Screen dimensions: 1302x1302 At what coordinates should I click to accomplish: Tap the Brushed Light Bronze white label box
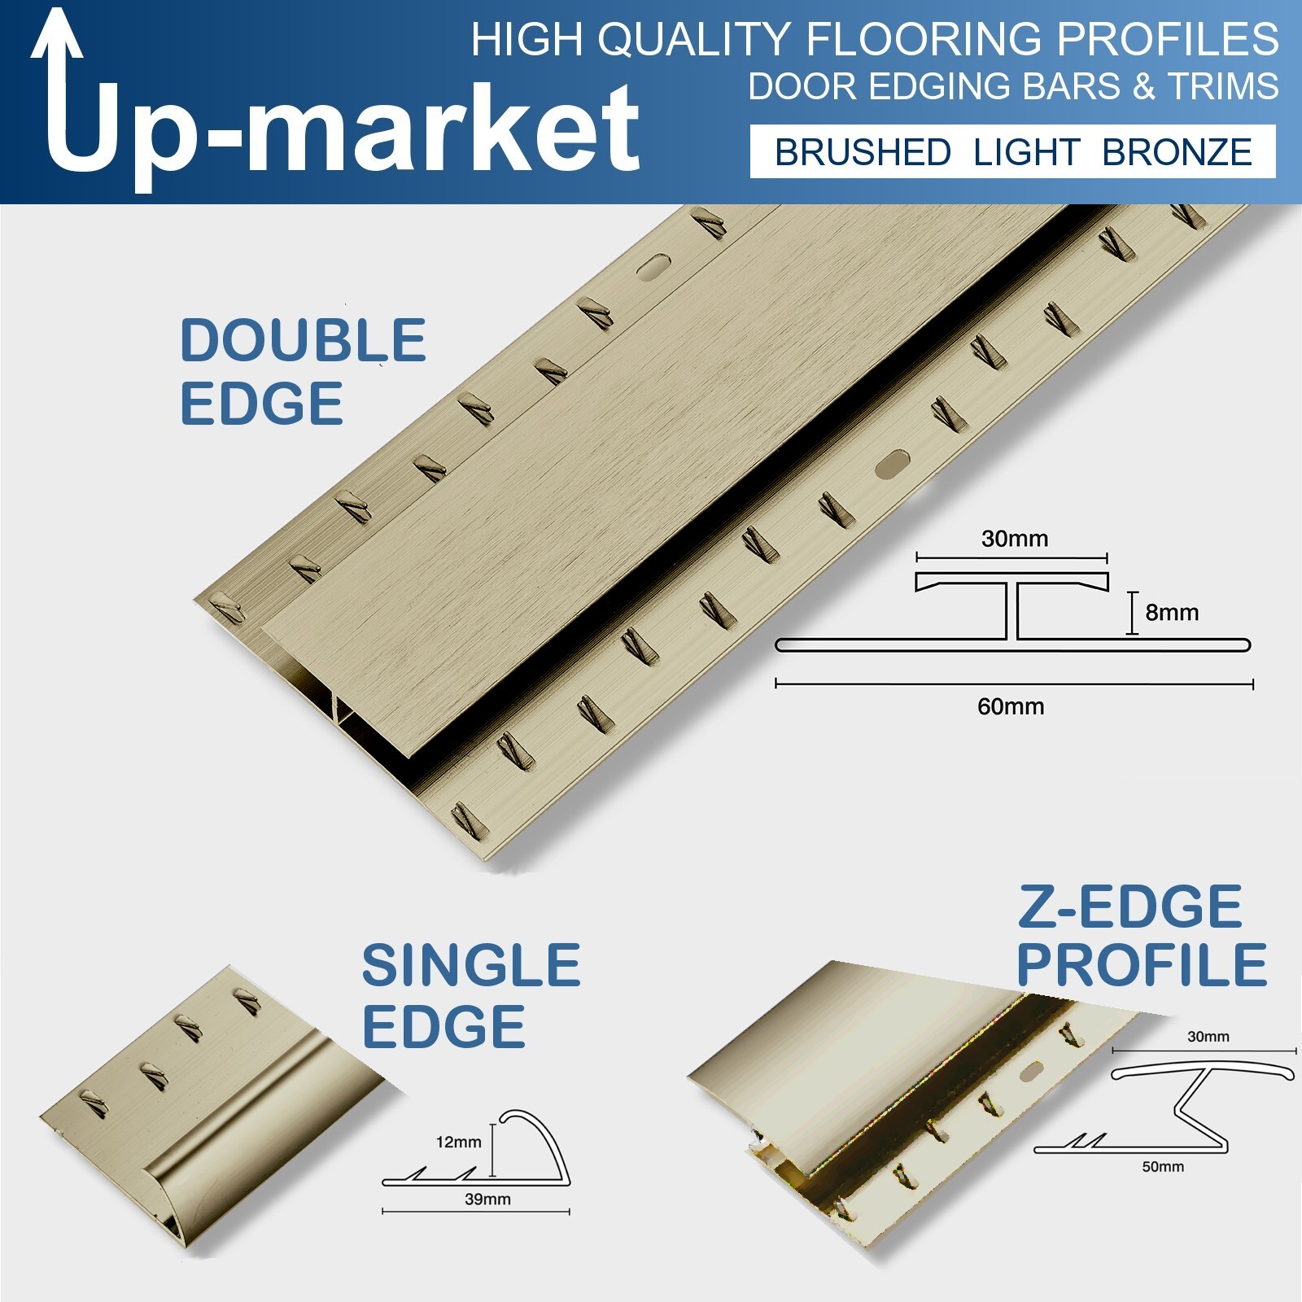(1012, 151)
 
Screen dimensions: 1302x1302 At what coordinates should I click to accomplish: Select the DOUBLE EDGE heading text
(303, 371)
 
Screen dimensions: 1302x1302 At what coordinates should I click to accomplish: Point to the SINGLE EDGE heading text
(471, 995)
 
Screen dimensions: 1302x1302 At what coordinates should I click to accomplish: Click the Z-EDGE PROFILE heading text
(1142, 936)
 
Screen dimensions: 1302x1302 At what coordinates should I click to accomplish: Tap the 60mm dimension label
(1011, 706)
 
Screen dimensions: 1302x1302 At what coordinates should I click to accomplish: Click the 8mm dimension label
(1172, 612)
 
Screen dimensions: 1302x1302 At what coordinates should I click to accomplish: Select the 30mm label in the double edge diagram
(1015, 538)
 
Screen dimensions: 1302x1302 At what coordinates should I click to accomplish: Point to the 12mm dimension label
(459, 1142)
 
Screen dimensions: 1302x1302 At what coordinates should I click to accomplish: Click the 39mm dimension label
(487, 1199)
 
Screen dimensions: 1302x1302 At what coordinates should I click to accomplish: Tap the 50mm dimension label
(1163, 1166)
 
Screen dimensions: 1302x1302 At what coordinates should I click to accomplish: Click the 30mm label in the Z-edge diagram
(1208, 1036)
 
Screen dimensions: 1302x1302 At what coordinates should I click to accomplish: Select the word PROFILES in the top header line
(1168, 39)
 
